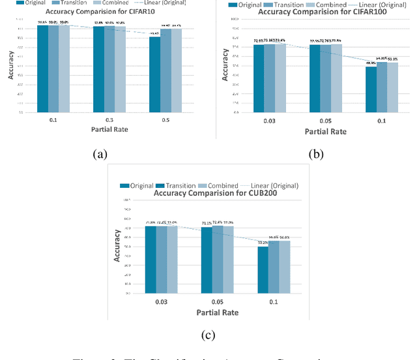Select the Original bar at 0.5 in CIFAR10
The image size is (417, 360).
click(x=154, y=74)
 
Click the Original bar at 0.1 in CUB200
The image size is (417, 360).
click(x=263, y=270)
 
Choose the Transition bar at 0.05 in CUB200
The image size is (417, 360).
click(x=218, y=260)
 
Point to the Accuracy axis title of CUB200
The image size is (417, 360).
click(x=117, y=245)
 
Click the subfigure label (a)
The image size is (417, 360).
click(x=100, y=155)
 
